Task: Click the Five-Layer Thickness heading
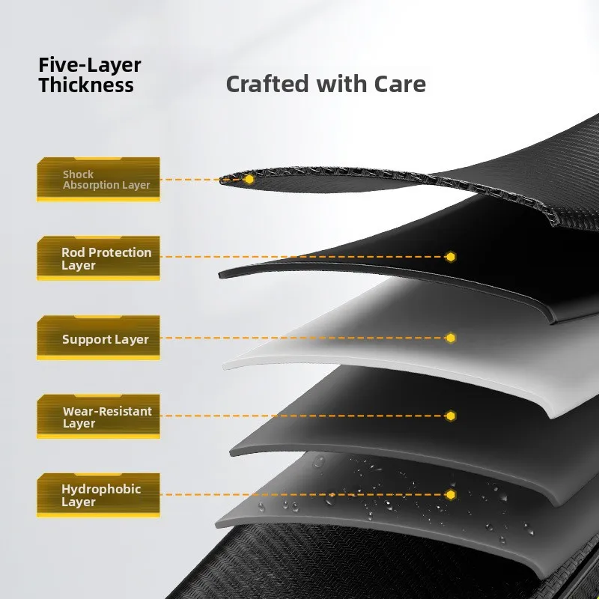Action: (89, 75)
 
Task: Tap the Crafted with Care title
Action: (325, 84)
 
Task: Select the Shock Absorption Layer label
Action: (99, 180)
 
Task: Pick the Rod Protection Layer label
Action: (99, 259)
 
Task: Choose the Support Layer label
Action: (99, 339)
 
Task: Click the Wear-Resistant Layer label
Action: (99, 417)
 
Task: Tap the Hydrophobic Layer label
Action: (99, 496)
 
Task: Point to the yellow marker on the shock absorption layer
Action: (249, 180)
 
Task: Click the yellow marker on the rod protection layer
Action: (451, 257)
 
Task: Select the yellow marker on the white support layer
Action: (451, 338)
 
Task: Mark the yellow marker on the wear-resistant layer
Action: (451, 416)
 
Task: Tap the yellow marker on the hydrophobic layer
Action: (451, 495)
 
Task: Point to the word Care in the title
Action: (400, 84)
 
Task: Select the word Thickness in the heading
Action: (86, 85)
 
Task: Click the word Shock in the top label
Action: (79, 174)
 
